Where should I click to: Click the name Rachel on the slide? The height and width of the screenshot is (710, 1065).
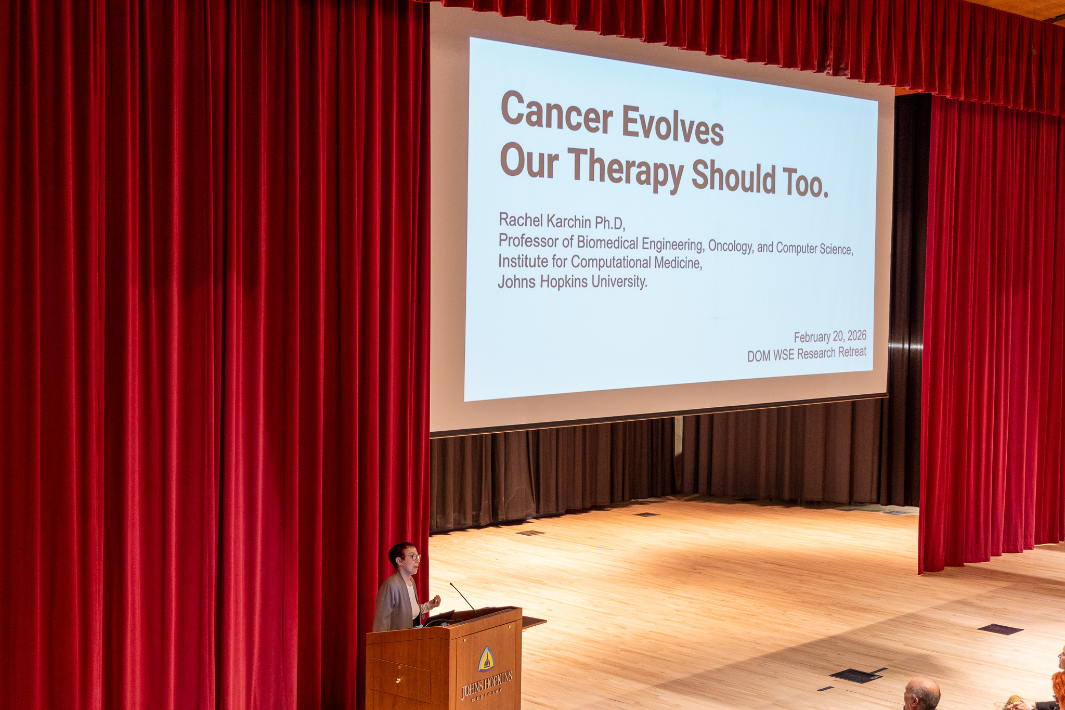tap(521, 220)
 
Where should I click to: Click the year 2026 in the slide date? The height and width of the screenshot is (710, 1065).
tap(856, 336)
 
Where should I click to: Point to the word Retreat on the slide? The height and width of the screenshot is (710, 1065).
tap(852, 352)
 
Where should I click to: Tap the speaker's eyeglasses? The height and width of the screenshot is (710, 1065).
tap(411, 557)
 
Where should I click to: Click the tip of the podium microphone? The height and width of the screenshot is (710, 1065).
tap(451, 584)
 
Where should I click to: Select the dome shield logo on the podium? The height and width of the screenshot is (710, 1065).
tap(486, 660)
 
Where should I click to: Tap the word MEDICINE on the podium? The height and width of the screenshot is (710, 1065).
tap(487, 694)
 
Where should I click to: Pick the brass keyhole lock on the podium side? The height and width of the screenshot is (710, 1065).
tap(398, 680)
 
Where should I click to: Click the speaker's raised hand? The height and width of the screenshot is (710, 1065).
tap(435, 602)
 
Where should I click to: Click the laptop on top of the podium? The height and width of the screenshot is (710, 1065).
tap(440, 617)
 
